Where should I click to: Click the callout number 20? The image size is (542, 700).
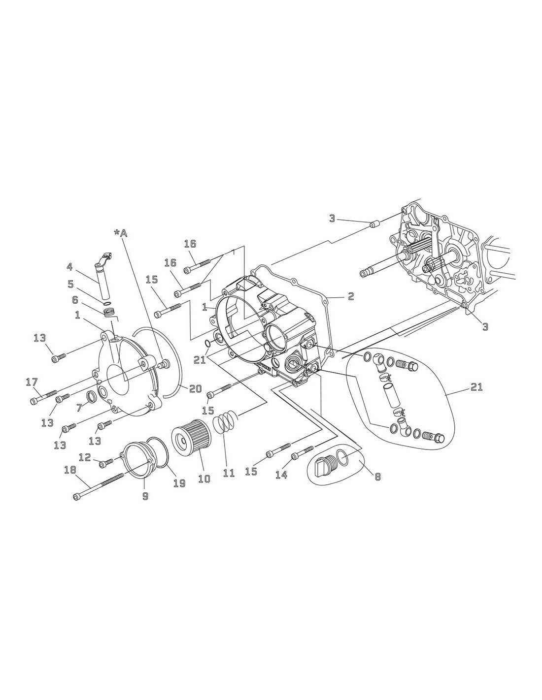click(x=196, y=388)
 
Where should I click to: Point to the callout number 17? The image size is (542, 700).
click(x=31, y=382)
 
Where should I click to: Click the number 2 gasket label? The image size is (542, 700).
click(x=350, y=296)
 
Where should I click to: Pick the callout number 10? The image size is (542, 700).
click(x=204, y=478)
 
